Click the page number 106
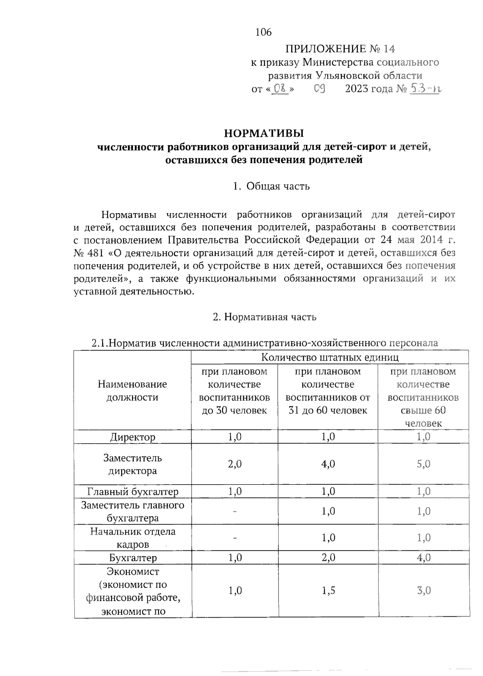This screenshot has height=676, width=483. [264, 32]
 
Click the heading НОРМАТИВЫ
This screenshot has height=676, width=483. [264, 133]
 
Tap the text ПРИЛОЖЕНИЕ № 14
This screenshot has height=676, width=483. [340, 49]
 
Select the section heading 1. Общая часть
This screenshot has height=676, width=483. [271, 186]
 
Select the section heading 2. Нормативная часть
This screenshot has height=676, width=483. [264, 317]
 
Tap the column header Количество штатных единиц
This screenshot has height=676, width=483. [330, 357]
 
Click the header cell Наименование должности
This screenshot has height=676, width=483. [132, 391]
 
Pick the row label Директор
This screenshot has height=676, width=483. [132, 437]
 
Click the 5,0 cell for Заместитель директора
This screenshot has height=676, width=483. [423, 464]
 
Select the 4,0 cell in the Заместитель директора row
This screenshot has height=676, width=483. [328, 464]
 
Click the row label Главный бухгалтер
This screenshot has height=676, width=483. [132, 491]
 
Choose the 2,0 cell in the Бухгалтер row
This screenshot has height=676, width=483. [328, 558]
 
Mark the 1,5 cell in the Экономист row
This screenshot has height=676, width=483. [328, 591]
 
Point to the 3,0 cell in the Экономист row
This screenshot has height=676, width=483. [423, 591]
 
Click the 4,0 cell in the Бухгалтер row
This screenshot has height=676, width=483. [423, 558]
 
